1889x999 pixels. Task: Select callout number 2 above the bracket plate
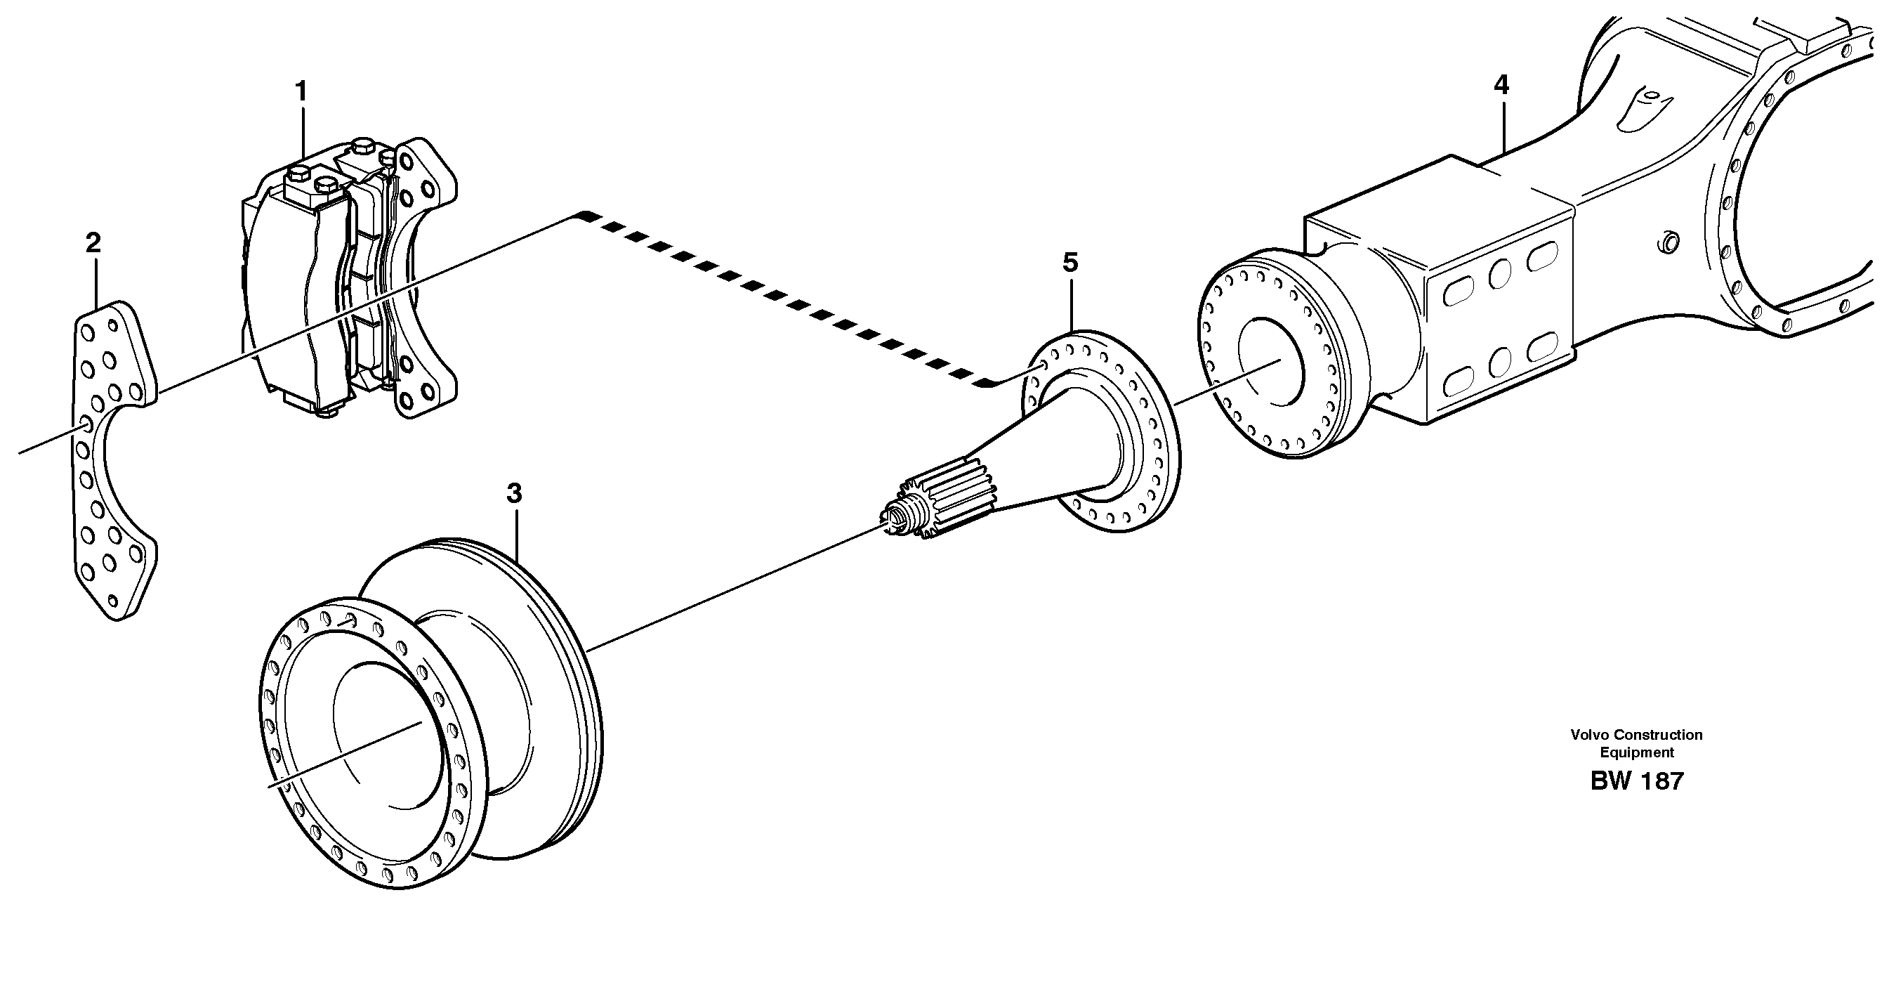coord(93,243)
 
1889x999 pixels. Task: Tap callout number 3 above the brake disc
coord(514,494)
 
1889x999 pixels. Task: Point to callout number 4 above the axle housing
coord(1502,86)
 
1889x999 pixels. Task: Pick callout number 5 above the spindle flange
coord(1071,263)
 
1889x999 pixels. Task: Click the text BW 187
coord(1636,781)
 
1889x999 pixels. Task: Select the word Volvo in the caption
coord(1588,734)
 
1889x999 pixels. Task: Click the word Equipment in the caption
coord(1636,752)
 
